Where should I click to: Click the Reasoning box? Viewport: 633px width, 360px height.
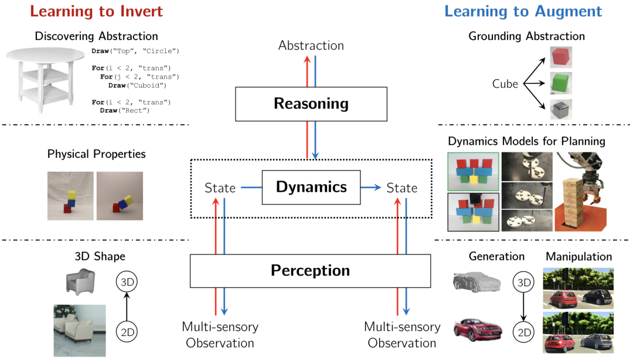(x=311, y=104)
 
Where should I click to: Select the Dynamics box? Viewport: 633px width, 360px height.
(x=311, y=188)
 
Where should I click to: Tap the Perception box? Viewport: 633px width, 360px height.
(x=310, y=270)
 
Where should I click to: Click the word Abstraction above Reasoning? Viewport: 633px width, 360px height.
(x=311, y=45)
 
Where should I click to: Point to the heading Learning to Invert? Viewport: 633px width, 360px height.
(x=96, y=11)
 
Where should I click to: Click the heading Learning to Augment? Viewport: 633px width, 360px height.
(x=523, y=11)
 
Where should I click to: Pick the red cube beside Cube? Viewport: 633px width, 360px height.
(x=561, y=57)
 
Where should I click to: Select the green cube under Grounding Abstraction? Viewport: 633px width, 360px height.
(x=561, y=83)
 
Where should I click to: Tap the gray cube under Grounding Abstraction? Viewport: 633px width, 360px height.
(x=561, y=110)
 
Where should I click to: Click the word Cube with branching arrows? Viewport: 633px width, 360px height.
(x=505, y=84)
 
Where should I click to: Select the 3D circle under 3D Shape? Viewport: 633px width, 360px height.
(x=127, y=282)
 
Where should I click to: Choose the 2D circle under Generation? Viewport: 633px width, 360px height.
(x=523, y=333)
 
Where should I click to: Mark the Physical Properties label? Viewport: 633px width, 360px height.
(x=96, y=154)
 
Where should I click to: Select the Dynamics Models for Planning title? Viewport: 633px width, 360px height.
(x=526, y=141)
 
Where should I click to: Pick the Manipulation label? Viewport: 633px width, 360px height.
(x=578, y=256)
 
